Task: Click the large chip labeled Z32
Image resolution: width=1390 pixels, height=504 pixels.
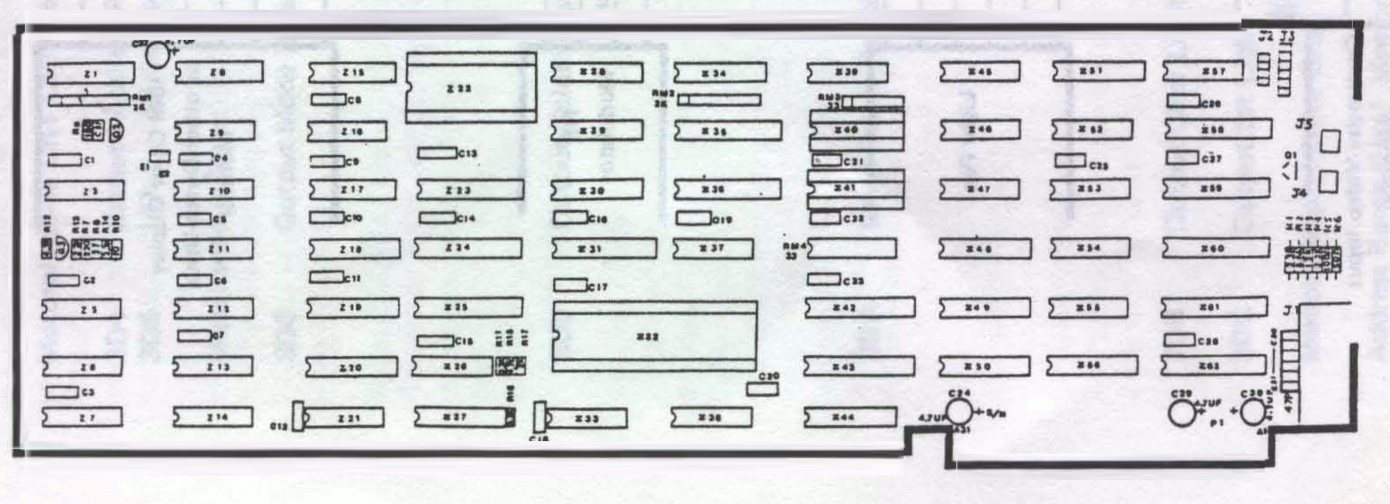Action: point(655,336)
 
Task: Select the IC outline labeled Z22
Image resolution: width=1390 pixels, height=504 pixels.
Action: point(470,87)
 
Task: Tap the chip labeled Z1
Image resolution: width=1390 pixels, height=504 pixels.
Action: point(85,72)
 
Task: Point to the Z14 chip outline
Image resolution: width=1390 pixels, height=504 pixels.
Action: point(213,416)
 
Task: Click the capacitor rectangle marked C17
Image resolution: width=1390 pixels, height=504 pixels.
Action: point(570,285)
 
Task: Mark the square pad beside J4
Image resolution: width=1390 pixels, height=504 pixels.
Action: point(1328,182)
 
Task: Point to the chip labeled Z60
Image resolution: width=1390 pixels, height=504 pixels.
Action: point(1213,249)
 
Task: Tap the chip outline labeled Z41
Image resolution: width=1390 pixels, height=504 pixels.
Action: point(854,189)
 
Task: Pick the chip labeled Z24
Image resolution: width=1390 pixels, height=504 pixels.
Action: point(458,248)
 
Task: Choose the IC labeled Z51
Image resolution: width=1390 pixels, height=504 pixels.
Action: point(1097,71)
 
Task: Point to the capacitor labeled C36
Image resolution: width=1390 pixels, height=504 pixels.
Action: point(1181,340)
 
